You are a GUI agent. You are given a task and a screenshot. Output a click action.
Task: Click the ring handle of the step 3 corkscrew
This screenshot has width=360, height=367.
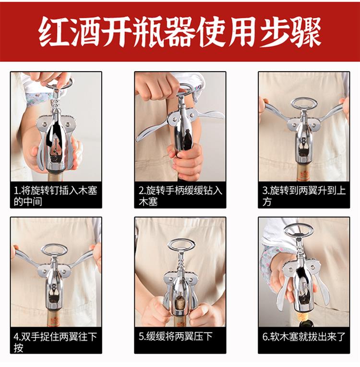[x=303, y=103]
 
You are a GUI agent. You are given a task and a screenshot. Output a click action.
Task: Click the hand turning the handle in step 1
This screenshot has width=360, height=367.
[x=48, y=78]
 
